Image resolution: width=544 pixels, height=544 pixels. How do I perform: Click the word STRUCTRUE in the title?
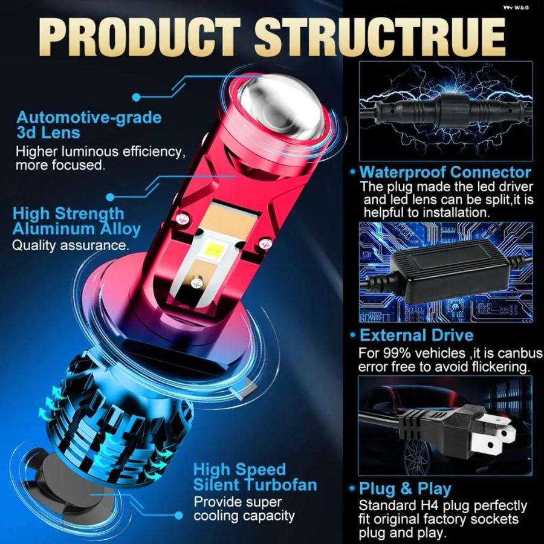(380, 37)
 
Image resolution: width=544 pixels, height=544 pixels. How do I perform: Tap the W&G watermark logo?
(517, 7)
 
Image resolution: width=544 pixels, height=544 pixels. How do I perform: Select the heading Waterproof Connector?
(445, 172)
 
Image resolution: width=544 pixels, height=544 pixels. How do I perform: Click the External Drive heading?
(416, 335)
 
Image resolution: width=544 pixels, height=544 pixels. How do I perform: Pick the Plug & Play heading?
(405, 489)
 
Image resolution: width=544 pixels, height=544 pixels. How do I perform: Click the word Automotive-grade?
(89, 118)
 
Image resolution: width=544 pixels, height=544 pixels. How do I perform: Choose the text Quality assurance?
(71, 245)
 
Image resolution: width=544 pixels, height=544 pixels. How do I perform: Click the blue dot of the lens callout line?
(137, 97)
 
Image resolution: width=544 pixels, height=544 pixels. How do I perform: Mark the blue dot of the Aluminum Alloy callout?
(110, 197)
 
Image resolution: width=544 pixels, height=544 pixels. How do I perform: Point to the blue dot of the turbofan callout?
(179, 516)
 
